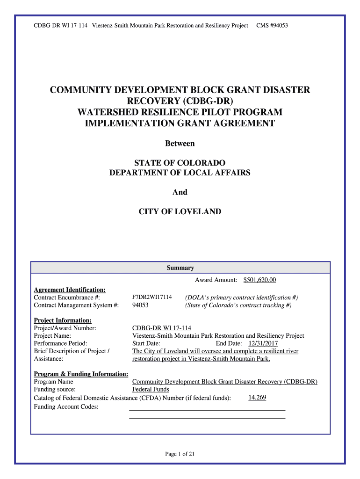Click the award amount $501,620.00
point(259,280)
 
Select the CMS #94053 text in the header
point(272,25)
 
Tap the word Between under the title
point(180,144)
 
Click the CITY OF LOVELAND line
point(180,211)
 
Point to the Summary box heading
point(180,268)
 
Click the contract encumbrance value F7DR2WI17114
point(152,298)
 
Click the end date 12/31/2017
point(263,343)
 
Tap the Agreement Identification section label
point(70,290)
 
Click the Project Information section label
point(63,320)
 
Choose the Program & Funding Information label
point(81,374)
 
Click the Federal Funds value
point(151,389)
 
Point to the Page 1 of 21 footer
point(180,454)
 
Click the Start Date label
point(146,343)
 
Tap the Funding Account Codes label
point(66,406)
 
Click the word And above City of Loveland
point(180,192)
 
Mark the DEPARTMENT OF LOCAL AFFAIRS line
point(180,173)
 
